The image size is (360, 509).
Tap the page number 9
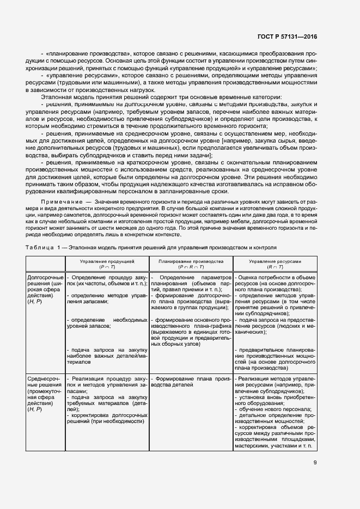315,463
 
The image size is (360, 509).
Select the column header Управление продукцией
107,261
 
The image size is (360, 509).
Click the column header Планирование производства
191,261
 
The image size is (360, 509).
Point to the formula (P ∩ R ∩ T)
191,267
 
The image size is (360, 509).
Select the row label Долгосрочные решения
45,281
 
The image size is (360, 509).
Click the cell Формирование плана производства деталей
190,381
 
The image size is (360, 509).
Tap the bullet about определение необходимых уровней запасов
107,322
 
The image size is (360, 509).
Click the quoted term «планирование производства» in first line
88,54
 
